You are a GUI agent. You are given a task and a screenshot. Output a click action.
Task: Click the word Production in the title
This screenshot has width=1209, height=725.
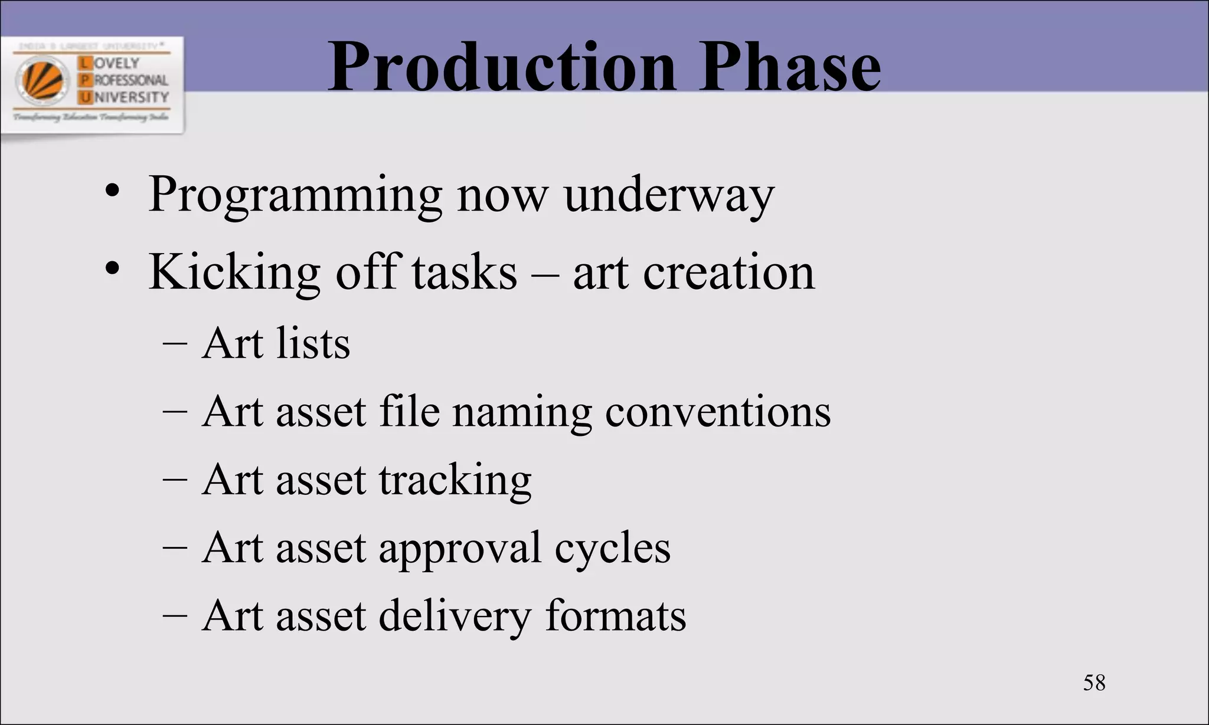[x=501, y=68]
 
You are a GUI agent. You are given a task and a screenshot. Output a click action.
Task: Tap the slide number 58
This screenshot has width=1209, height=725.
[x=1094, y=683]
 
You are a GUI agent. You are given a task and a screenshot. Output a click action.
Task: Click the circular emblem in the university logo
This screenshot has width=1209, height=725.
[x=43, y=80]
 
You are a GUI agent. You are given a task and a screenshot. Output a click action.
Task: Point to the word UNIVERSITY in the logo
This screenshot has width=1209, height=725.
[x=130, y=97]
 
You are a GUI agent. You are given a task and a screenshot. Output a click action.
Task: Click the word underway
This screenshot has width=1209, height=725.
[x=668, y=195]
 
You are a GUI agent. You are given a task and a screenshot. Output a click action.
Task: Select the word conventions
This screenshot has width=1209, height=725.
[x=717, y=412]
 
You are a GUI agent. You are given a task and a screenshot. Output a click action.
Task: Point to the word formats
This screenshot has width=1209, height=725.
[x=615, y=616]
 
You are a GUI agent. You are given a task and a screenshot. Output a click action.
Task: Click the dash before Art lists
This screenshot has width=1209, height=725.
[x=175, y=345]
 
